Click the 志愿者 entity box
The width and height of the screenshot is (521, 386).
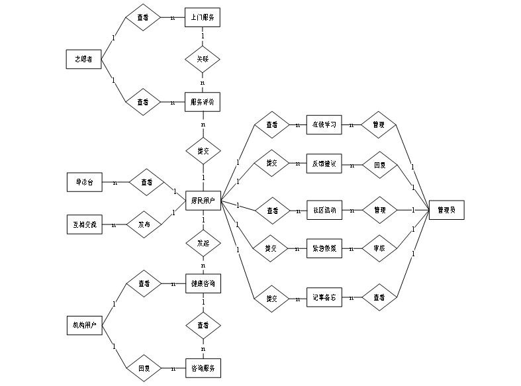84,59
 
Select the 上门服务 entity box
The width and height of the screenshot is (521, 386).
202,18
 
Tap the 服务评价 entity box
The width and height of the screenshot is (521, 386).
202,102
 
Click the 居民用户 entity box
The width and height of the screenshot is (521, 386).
203,199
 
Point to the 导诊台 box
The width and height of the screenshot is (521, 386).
85,182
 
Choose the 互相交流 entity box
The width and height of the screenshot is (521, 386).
85,224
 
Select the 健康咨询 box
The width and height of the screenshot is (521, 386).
202,283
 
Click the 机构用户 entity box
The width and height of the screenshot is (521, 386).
85,325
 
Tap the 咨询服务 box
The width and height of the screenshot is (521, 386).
202,367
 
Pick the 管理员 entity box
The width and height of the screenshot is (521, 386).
446,211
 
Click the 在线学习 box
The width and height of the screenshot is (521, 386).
324,124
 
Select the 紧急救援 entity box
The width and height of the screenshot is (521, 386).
324,248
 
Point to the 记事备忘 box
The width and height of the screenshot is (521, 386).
324,297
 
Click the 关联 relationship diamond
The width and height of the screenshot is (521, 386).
202,59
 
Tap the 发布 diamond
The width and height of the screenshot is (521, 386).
144,224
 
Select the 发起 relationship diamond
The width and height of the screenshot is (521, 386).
203,243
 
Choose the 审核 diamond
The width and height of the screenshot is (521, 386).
379,248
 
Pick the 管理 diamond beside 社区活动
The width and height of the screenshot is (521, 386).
379,211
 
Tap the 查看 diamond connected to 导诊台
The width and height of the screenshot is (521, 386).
146,182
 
